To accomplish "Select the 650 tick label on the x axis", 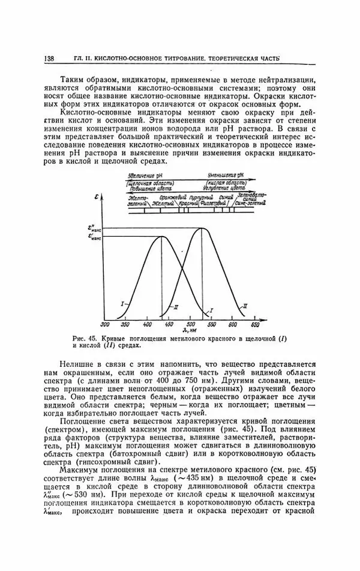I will [254, 325].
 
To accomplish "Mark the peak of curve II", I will [202, 228].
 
